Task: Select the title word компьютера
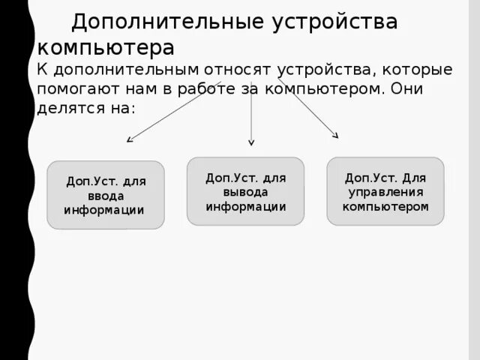click(x=106, y=47)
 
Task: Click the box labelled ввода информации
click(x=105, y=195)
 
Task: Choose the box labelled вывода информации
click(x=245, y=191)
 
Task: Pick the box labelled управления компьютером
click(x=385, y=191)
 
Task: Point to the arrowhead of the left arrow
click(x=129, y=139)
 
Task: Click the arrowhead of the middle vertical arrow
click(x=251, y=142)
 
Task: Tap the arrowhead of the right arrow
click(x=336, y=136)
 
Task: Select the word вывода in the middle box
click(x=245, y=192)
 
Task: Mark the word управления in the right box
click(x=385, y=192)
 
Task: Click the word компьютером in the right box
click(x=385, y=206)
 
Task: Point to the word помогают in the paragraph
click(x=73, y=89)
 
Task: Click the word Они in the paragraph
click(x=409, y=89)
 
